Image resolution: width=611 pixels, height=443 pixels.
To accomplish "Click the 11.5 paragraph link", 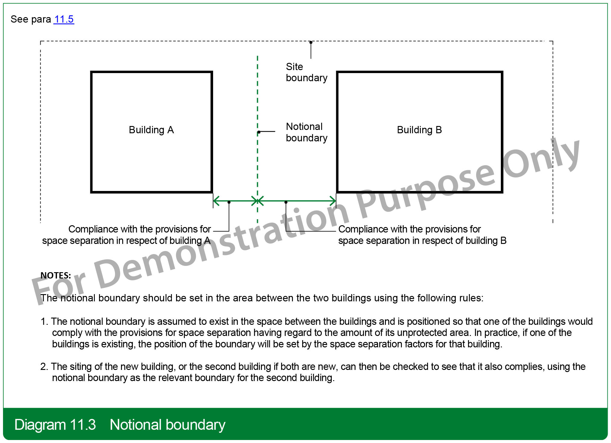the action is pyautogui.click(x=64, y=19).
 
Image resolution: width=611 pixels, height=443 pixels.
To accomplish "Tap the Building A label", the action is pyautogui.click(x=151, y=130).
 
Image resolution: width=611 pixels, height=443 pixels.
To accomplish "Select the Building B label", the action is pyautogui.click(x=419, y=130).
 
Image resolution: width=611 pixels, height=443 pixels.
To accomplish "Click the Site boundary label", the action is pyautogui.click(x=306, y=72).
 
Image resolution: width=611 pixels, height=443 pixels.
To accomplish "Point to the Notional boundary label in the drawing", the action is pyautogui.click(x=306, y=132).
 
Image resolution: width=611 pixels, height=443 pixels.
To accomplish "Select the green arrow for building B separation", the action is pyautogui.click(x=297, y=201).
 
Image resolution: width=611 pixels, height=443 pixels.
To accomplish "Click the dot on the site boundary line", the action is pyautogui.click(x=311, y=42).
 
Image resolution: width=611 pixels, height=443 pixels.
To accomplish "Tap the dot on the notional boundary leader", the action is pyautogui.click(x=259, y=132).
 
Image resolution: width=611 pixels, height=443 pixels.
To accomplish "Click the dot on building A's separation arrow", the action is pyautogui.click(x=229, y=202).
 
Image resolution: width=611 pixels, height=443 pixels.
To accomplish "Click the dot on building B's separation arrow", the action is pyautogui.click(x=286, y=202).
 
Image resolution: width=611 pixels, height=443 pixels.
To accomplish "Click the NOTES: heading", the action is pyautogui.click(x=56, y=275).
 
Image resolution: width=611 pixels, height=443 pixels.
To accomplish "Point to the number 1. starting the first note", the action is pyautogui.click(x=44, y=321).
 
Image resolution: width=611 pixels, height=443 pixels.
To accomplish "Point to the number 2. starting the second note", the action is pyautogui.click(x=44, y=367).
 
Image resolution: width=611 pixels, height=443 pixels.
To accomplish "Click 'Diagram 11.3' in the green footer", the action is pyautogui.click(x=55, y=425).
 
